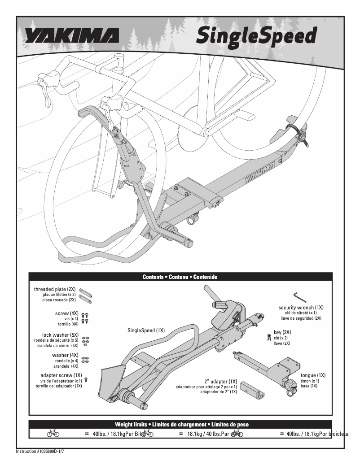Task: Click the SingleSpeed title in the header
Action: click(256, 36)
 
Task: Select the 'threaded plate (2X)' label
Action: click(55, 289)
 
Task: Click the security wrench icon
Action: click(300, 297)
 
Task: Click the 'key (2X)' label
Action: click(282, 332)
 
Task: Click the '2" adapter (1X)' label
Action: click(220, 381)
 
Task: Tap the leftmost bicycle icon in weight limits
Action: click(53, 434)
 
